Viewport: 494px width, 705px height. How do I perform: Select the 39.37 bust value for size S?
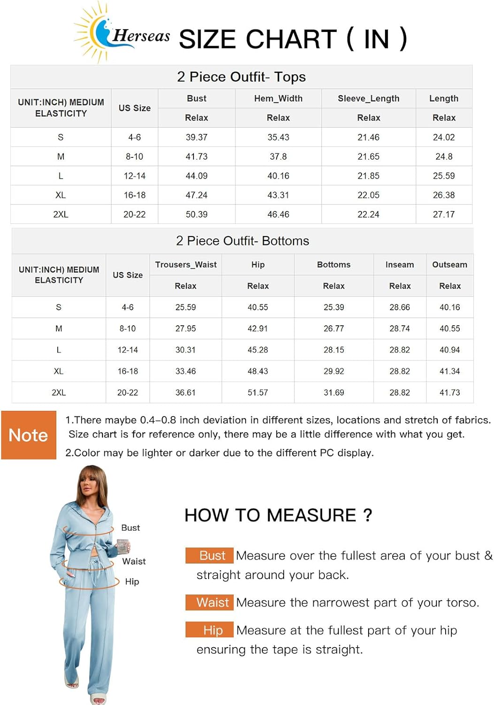[196, 137]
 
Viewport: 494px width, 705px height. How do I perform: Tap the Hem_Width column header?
[278, 99]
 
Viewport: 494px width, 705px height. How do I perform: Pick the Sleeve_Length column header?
[368, 99]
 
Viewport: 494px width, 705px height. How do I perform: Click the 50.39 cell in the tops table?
[196, 214]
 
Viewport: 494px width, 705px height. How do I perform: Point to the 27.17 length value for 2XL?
[443, 214]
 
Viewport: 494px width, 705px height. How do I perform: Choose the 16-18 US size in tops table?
[134, 195]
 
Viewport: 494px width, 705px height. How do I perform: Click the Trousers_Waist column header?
[185, 265]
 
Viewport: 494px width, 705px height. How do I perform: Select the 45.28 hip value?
[258, 350]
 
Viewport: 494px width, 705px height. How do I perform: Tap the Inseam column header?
[400, 265]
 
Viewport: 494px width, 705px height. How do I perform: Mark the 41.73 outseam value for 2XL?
[449, 392]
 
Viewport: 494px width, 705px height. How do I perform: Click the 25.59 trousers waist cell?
[185, 307]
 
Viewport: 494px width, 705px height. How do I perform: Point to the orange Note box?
[29, 435]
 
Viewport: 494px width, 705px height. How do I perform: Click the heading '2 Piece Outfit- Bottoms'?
[242, 241]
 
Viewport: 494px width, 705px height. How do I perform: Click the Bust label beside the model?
[131, 528]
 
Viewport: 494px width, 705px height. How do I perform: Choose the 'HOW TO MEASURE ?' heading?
[278, 516]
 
